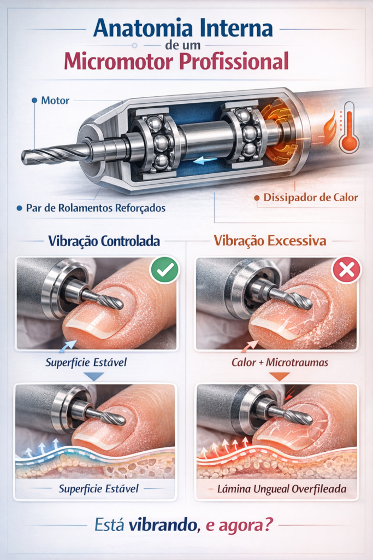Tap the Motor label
[55, 101]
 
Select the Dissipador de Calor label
[310, 197]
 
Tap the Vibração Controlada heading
[104, 241]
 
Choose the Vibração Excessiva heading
[270, 241]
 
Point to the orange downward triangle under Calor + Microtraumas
[280, 376]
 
